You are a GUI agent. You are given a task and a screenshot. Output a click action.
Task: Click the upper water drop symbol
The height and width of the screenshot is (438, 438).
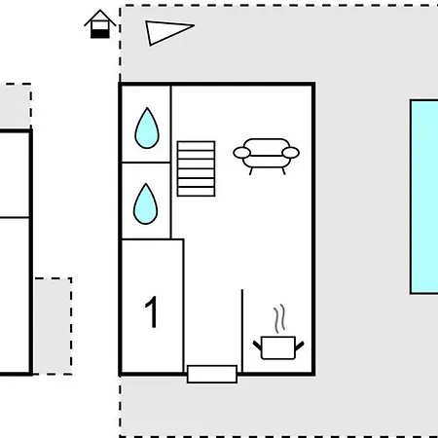(x=147, y=128)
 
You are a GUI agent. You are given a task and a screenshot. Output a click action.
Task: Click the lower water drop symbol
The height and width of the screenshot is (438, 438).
(x=146, y=204)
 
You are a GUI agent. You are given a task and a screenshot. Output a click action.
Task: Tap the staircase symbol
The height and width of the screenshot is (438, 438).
(x=196, y=168)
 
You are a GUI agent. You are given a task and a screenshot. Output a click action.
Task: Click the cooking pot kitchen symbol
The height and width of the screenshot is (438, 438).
(x=278, y=347)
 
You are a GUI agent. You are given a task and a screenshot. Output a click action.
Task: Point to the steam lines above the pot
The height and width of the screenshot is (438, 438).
(x=279, y=319)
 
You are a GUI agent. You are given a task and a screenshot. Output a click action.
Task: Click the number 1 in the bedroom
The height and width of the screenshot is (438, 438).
(x=152, y=312)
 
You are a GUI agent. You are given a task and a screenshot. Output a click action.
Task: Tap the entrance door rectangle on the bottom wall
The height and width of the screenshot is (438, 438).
(x=212, y=374)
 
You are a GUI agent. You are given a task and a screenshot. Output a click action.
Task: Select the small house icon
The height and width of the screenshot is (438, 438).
(x=100, y=24)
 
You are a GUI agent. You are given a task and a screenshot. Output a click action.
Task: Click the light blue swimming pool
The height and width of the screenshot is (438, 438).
(x=424, y=197)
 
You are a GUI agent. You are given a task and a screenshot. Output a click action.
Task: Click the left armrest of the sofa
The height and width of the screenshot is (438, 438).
(x=242, y=153)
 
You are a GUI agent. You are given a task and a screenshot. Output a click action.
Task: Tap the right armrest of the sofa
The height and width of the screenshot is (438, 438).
(x=290, y=153)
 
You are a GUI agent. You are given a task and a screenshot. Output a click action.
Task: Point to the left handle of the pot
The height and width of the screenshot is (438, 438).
(x=257, y=346)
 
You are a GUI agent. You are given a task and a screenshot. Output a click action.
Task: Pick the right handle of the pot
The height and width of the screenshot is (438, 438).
(x=300, y=346)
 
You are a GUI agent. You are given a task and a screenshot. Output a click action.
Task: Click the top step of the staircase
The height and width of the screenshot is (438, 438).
(x=196, y=146)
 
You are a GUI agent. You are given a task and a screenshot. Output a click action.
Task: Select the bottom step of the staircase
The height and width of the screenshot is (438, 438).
(x=196, y=192)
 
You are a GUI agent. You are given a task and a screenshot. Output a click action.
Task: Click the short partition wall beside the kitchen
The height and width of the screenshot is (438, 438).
(x=242, y=331)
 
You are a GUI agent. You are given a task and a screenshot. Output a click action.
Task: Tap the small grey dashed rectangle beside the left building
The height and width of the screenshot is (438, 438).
(x=53, y=326)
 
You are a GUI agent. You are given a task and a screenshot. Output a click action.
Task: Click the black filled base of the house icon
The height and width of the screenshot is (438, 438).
(x=100, y=33)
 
